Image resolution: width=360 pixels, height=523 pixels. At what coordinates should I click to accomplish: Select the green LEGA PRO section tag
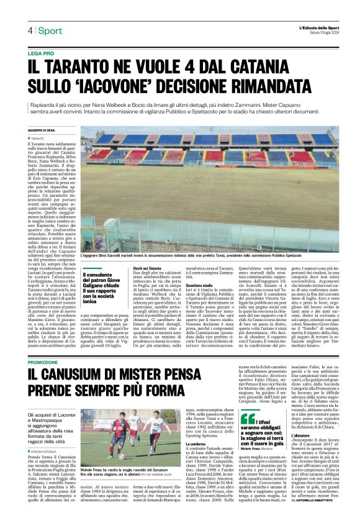[40, 54]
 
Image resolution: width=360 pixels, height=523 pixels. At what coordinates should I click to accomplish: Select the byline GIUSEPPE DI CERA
[42, 129]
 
